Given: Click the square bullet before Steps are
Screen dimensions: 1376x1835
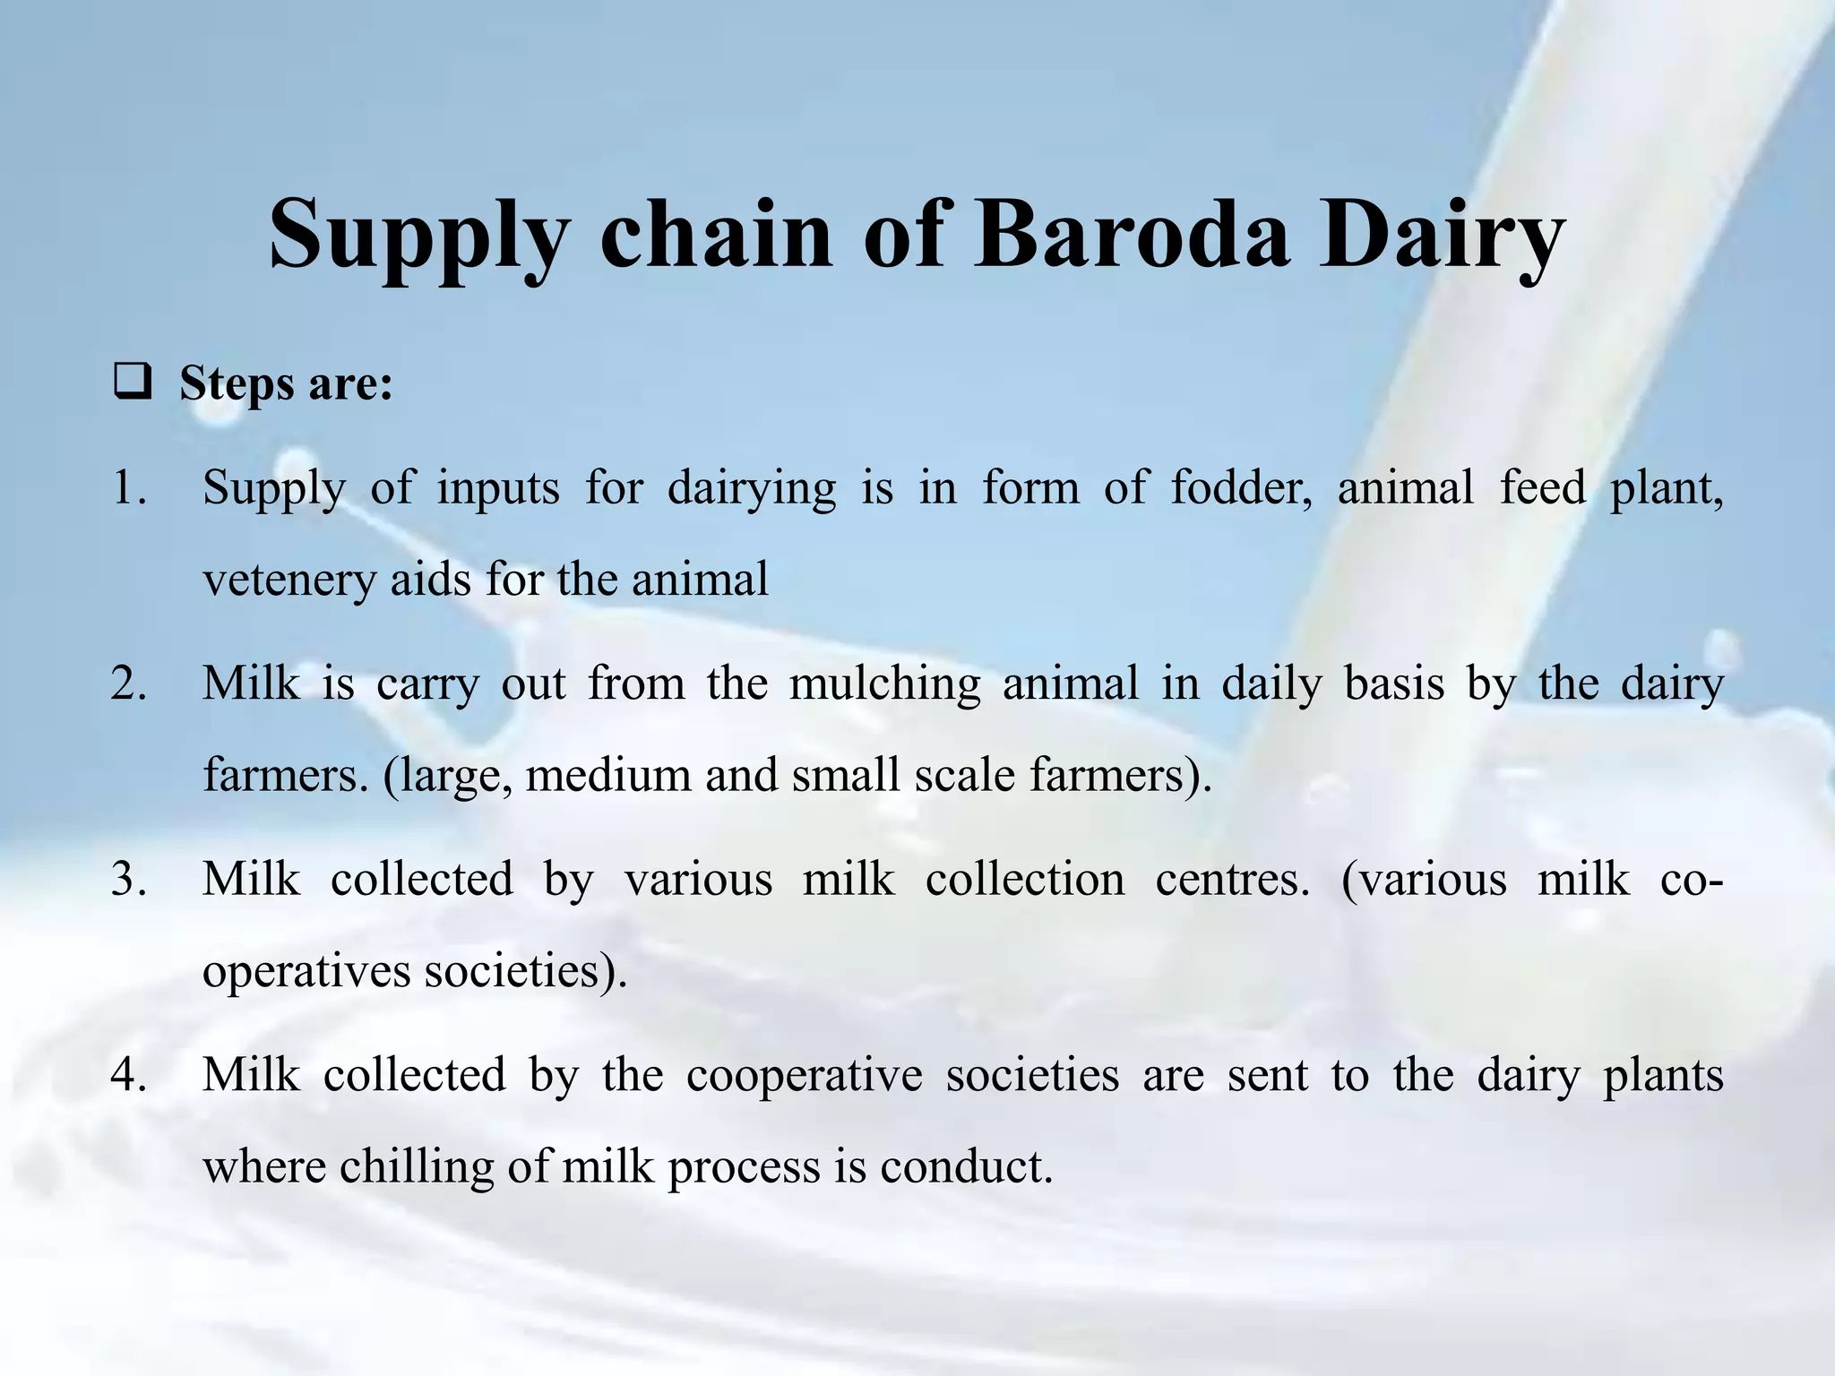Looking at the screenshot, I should coord(132,385).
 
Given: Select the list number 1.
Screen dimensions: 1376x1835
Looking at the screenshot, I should coord(129,488).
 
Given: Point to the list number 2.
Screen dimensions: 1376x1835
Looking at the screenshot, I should coord(129,684).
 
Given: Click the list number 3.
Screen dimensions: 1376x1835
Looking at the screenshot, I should coord(129,879).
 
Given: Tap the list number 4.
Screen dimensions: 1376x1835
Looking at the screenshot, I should coord(129,1074).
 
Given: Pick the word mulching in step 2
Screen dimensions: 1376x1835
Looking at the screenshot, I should coord(885,684).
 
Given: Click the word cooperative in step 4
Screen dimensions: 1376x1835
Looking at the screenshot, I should coord(804,1074).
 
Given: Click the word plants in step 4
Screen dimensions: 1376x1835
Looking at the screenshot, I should coord(1662,1076).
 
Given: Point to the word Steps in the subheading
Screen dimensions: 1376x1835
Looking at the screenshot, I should coord(237,385).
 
